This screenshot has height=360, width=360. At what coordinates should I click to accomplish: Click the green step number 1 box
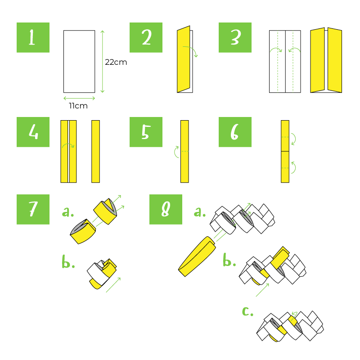pyautogui.click(x=33, y=37)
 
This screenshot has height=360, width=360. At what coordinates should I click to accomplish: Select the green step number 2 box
pyautogui.click(x=146, y=37)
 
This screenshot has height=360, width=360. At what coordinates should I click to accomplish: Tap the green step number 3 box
pyautogui.click(x=235, y=37)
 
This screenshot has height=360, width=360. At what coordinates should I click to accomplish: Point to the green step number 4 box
pyautogui.click(x=33, y=132)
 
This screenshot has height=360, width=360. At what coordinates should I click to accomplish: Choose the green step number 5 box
pyautogui.click(x=146, y=132)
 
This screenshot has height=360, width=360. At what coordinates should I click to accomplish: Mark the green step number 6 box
pyautogui.click(x=235, y=132)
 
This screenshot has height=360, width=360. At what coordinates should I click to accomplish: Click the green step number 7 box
pyautogui.click(x=33, y=209)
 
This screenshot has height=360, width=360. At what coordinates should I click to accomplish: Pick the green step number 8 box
pyautogui.click(x=166, y=209)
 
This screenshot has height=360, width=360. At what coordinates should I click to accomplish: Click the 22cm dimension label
pyautogui.click(x=116, y=62)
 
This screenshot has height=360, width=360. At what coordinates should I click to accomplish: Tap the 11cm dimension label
pyautogui.click(x=78, y=106)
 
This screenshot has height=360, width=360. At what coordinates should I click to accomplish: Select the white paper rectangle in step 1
pyautogui.click(x=79, y=61)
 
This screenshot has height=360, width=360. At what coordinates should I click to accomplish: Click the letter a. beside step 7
pyautogui.click(x=68, y=211)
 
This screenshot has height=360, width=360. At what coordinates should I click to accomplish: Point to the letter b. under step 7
pyautogui.click(x=68, y=262)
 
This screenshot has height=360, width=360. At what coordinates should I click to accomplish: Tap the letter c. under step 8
pyautogui.click(x=248, y=311)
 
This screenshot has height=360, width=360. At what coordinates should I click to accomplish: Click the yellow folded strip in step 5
pyautogui.click(x=184, y=151)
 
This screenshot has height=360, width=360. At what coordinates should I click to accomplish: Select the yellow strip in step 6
pyautogui.click(x=285, y=151)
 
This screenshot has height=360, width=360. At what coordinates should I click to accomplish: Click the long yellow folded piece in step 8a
pyautogui.click(x=197, y=256)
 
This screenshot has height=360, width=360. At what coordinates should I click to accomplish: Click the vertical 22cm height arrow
pyautogui.click(x=103, y=61)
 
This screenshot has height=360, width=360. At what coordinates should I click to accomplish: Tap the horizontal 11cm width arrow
pyautogui.click(x=79, y=98)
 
